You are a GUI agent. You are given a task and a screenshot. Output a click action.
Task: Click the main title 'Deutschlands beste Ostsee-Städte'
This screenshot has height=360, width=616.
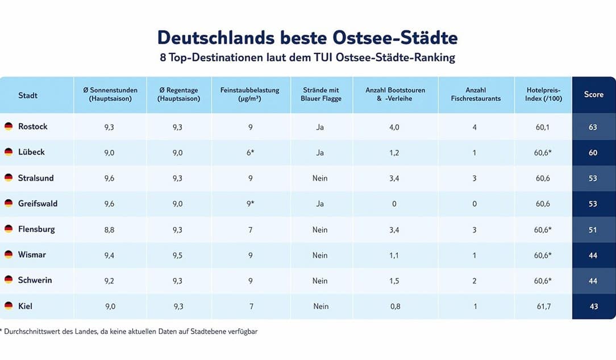pos(307,37)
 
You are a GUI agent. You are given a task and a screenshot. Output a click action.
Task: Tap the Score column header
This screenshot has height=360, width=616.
pos(593,95)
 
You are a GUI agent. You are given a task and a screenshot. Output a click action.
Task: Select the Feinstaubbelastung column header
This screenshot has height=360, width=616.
pos(250,95)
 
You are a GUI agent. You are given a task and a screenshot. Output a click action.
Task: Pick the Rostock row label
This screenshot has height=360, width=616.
pos(32,127)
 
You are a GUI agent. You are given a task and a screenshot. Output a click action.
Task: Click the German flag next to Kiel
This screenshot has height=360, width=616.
pos(9,306)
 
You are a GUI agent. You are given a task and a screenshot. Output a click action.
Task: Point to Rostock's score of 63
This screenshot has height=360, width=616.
pos(593,127)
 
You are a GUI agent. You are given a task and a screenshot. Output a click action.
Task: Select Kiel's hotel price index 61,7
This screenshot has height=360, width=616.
pos(543,307)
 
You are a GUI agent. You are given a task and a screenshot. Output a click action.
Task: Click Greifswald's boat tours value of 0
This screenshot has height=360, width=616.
pos(394,204)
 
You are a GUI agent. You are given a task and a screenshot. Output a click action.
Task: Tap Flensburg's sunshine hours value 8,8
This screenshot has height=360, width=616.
pos(110,230)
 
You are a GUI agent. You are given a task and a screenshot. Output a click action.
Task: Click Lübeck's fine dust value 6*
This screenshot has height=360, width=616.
pos(250,153)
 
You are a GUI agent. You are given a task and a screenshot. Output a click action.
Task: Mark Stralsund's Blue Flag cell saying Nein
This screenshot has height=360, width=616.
pos(320,178)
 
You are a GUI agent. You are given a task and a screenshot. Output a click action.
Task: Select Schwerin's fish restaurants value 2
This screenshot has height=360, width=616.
pos(475,281)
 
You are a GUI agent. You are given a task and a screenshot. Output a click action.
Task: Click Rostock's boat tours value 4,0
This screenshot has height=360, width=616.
pos(394,127)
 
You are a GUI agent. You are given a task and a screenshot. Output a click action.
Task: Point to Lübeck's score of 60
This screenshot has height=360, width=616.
pos(593,153)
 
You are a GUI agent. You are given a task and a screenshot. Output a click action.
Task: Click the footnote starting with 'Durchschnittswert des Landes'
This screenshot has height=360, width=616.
pos(130,332)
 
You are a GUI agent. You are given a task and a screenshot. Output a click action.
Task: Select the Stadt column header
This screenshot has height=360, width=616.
pos(28,95)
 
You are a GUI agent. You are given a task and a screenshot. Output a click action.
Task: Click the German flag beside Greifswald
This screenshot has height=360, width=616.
pos(9,203)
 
